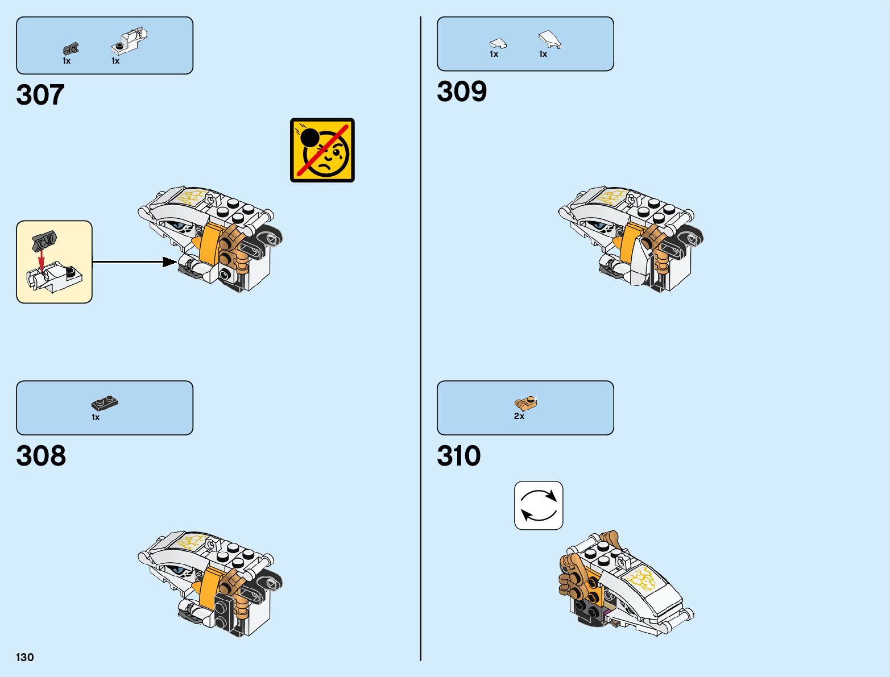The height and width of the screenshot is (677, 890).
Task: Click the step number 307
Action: click(x=40, y=95)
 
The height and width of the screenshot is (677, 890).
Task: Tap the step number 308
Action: click(x=41, y=456)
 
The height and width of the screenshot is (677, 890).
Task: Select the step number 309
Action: click(x=462, y=92)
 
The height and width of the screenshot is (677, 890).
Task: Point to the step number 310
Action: click(x=458, y=456)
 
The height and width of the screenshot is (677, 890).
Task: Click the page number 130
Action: click(x=25, y=657)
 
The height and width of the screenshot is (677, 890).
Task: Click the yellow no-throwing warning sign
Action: click(x=322, y=150)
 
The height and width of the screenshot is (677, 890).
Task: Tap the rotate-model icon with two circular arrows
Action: click(x=539, y=505)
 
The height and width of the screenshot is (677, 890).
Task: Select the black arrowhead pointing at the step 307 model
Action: click(x=169, y=261)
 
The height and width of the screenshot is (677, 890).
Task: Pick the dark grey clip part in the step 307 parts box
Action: click(x=71, y=49)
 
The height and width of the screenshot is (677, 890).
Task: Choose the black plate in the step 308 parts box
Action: click(x=105, y=404)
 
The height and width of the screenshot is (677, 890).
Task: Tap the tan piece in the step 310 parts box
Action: click(x=526, y=403)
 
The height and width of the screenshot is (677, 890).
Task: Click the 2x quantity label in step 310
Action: click(x=519, y=416)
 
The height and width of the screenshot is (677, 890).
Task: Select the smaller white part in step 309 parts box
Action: click(x=498, y=43)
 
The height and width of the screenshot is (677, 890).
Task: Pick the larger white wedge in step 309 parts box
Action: click(x=549, y=39)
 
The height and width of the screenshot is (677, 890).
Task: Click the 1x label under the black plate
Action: click(x=96, y=417)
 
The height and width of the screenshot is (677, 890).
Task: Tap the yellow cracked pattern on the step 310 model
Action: click(x=641, y=579)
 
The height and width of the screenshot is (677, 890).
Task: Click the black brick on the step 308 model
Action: click(x=223, y=611)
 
